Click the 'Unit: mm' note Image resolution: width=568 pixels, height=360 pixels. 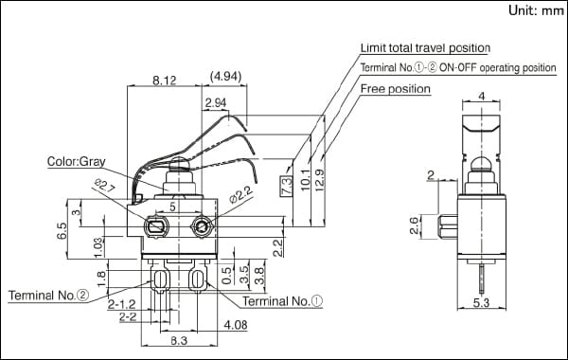[536, 10]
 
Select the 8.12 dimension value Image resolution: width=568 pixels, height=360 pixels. [165, 81]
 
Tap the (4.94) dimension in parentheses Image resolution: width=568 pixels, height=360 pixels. [225, 77]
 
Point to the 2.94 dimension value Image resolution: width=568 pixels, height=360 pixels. [216, 103]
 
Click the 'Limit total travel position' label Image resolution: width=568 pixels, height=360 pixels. [425, 48]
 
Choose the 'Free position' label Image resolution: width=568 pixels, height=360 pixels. [396, 89]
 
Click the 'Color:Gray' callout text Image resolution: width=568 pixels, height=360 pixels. [77, 161]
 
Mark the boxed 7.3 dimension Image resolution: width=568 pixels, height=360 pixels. [286, 186]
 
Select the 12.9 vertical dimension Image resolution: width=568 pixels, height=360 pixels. [320, 179]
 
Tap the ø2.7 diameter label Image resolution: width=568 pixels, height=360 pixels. [105, 186]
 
